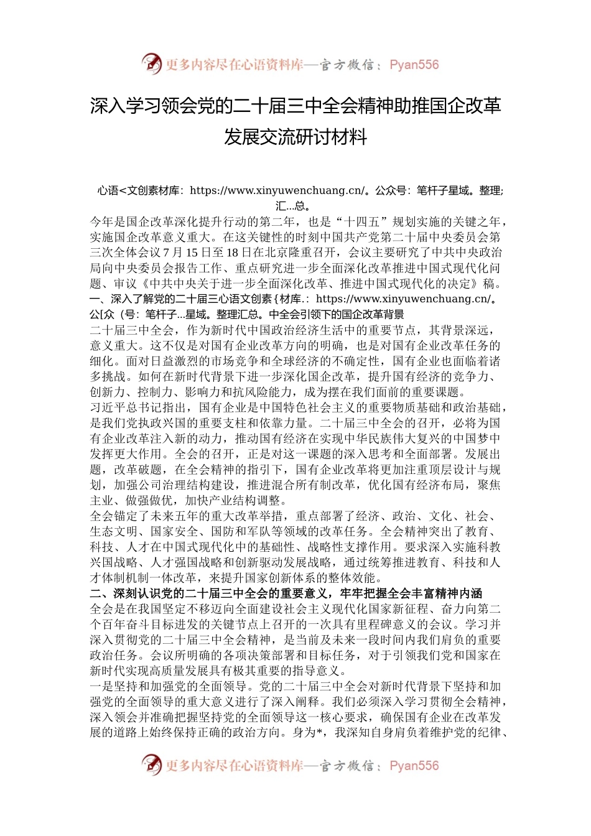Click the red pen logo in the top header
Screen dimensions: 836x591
click(151, 63)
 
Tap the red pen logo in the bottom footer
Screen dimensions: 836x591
click(151, 764)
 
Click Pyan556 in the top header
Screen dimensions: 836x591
click(414, 65)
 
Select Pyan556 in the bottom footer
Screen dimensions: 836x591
click(414, 766)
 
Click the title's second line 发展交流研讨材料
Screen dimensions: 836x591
click(295, 137)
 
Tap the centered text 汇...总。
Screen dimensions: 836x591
click(295, 206)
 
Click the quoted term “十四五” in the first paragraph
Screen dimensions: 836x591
click(363, 222)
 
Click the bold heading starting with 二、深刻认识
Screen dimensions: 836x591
click(286, 593)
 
